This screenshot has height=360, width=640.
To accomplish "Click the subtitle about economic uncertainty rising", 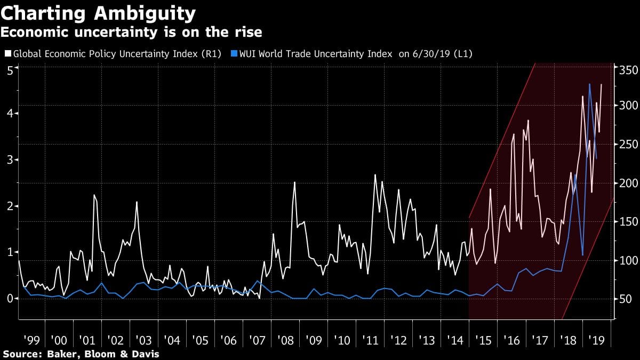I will (131, 32).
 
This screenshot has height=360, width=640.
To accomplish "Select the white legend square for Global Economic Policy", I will (7, 54).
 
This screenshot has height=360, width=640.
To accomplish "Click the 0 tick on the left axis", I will (9, 298).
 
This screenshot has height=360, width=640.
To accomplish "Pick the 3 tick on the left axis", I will (9, 160).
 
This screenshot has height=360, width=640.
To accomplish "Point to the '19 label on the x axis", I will (596, 340).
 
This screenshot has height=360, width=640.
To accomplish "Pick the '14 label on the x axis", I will (454, 340).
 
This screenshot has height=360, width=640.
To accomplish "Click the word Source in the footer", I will (21, 354).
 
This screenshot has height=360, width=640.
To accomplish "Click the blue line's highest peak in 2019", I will (589, 84).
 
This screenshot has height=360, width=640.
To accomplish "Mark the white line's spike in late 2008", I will (294, 182).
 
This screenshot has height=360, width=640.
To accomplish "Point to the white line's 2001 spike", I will (94, 195).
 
